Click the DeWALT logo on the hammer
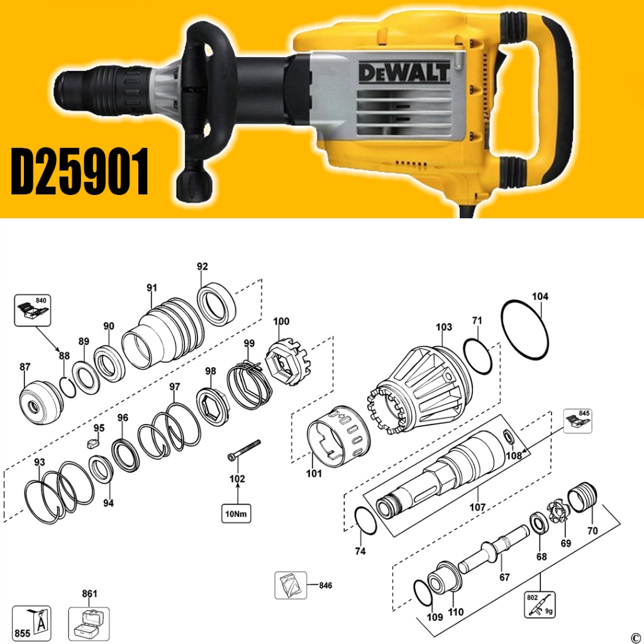[404, 70]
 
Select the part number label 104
[540, 296]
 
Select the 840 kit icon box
[31, 311]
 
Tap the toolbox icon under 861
[88, 623]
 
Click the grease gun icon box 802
[540, 604]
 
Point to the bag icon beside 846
[291, 586]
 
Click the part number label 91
[152, 287]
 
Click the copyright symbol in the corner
[635, 636]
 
